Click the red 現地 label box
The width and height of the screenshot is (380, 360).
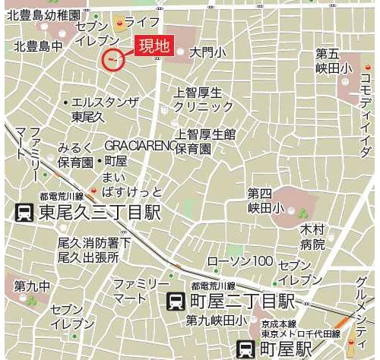click(153, 46)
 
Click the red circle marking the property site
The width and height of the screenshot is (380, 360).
click(112, 59)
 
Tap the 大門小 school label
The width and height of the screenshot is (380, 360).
click(207, 52)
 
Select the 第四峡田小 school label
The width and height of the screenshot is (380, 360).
click(265, 201)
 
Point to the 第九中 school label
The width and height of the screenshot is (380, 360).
click(32, 286)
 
